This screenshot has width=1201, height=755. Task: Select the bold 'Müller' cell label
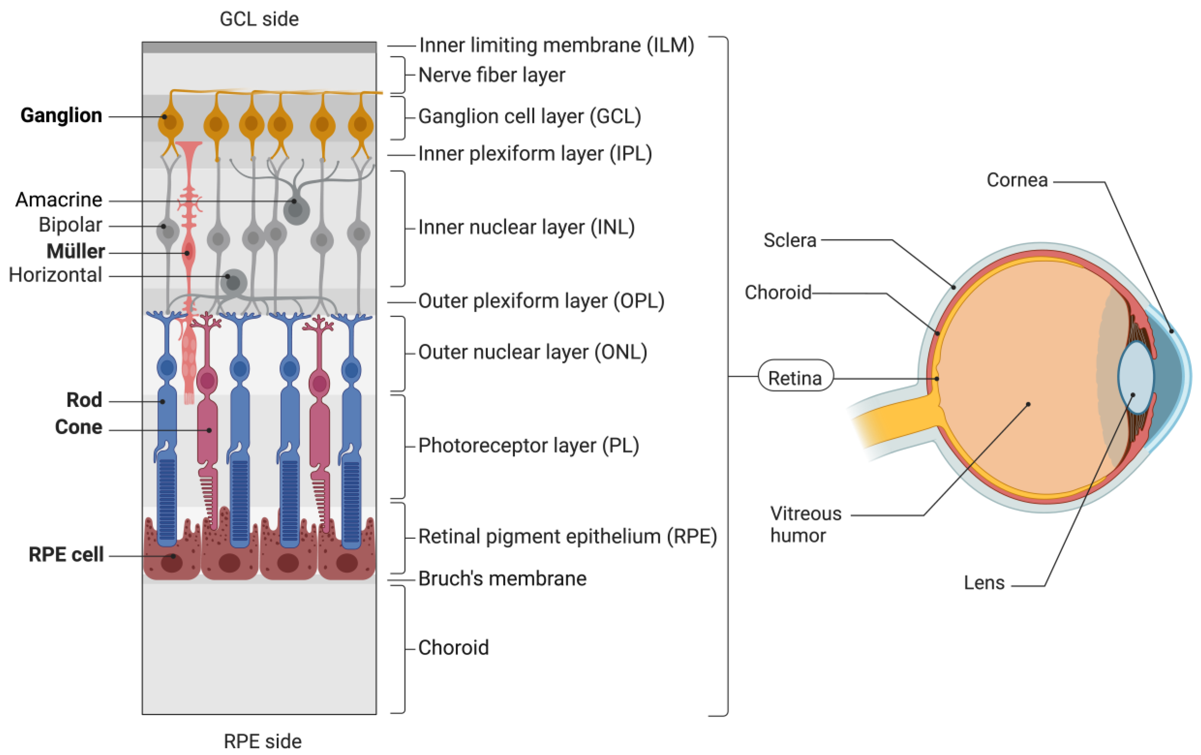(x=76, y=251)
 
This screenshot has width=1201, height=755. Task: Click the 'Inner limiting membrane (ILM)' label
(x=556, y=45)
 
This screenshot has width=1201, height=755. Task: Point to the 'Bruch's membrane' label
(x=502, y=578)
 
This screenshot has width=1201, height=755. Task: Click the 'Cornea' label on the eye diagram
(x=1017, y=180)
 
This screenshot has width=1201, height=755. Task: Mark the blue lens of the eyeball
(x=1136, y=377)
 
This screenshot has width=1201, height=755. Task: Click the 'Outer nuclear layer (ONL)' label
(x=532, y=352)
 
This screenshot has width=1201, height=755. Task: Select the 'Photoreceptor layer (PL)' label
(x=528, y=445)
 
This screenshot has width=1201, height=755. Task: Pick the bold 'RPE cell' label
(x=66, y=555)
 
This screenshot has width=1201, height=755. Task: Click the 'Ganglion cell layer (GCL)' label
(x=529, y=116)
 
